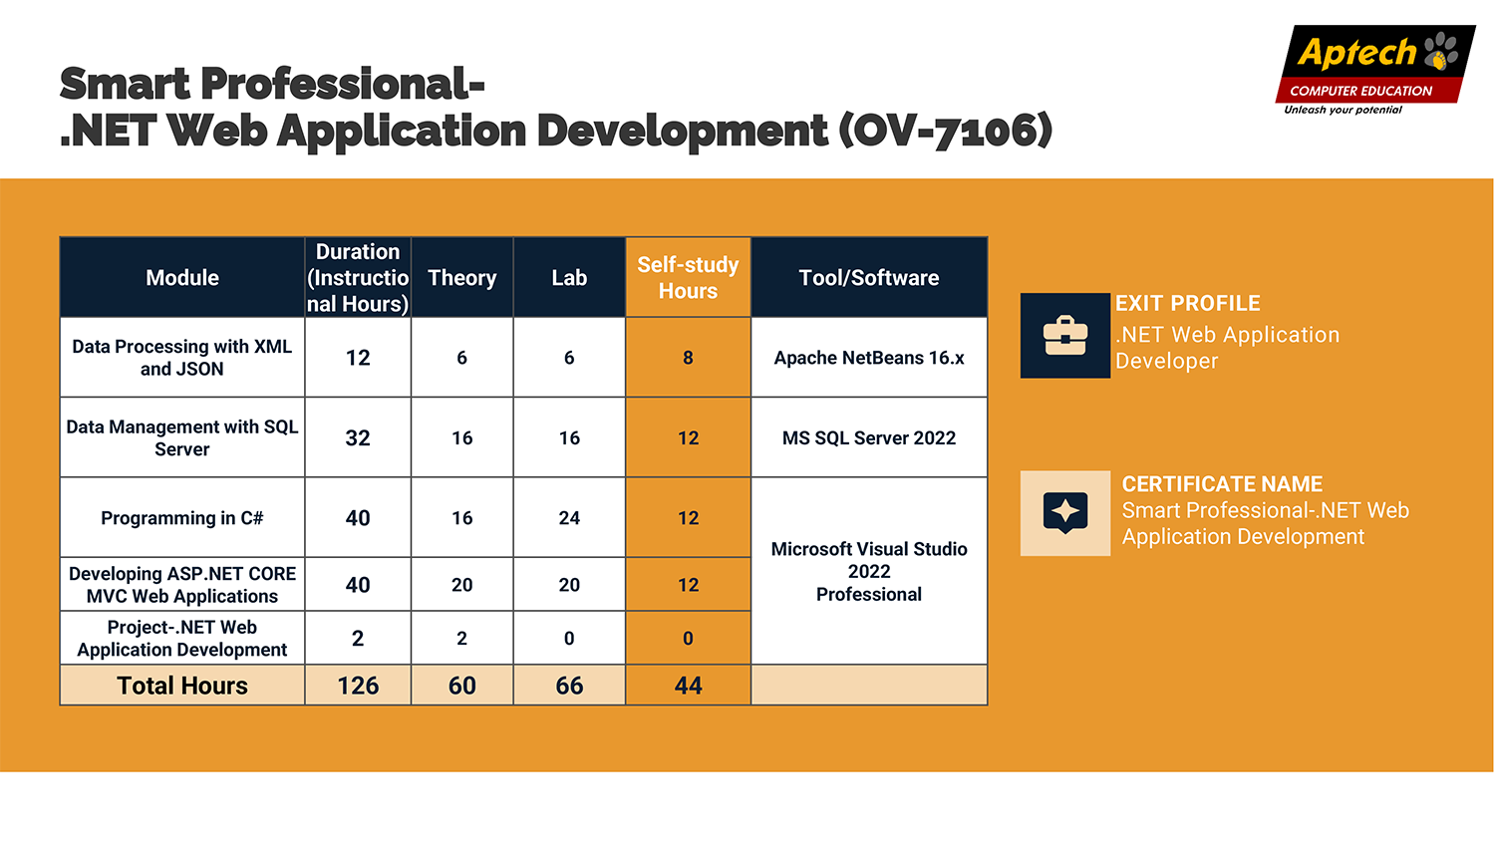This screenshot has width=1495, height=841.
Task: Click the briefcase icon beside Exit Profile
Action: click(1065, 335)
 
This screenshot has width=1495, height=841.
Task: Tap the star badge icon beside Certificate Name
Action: click(1065, 513)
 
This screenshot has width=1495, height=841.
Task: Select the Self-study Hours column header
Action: click(688, 278)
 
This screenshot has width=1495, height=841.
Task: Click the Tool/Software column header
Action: click(869, 278)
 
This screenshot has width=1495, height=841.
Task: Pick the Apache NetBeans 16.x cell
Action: click(869, 358)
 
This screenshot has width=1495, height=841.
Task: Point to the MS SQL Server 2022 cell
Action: click(869, 437)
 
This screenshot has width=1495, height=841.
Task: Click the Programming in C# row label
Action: click(182, 518)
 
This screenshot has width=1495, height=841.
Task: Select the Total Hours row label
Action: click(182, 686)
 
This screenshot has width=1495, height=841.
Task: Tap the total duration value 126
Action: click(358, 686)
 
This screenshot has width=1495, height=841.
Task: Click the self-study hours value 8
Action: click(688, 358)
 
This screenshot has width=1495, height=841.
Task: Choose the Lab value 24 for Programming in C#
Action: click(569, 518)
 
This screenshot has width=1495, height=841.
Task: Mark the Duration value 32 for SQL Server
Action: click(358, 437)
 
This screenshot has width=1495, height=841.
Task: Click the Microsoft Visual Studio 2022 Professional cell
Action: click(869, 571)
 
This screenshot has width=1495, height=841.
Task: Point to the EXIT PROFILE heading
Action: click(1188, 304)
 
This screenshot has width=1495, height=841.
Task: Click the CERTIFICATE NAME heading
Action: click(1222, 484)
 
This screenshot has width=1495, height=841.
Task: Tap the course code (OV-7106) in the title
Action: click(946, 130)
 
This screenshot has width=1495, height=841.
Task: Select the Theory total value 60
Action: click(461, 686)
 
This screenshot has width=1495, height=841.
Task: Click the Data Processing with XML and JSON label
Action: click(182, 358)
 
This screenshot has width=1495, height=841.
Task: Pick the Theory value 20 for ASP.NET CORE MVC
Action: click(461, 585)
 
